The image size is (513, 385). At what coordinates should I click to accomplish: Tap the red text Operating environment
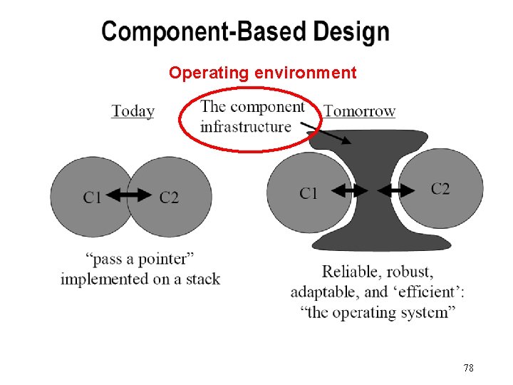coord(262,73)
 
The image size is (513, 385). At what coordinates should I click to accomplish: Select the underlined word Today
coord(133,111)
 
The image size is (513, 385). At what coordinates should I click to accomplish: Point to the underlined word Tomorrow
coord(360,111)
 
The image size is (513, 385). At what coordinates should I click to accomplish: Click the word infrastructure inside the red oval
coord(246,127)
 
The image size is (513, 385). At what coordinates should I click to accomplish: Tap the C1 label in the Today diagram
coord(92,197)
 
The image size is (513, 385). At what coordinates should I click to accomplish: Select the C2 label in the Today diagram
coord(169,197)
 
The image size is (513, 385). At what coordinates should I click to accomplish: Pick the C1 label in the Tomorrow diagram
coord(309,193)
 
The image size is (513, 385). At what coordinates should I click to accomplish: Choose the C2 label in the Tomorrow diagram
coord(440,189)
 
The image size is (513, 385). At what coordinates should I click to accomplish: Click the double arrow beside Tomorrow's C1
coord(350,190)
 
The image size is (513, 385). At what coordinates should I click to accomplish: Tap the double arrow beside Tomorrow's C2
coord(398,190)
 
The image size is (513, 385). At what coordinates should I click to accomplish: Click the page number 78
coord(468,368)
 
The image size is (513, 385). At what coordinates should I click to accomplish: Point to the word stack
coord(203,279)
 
